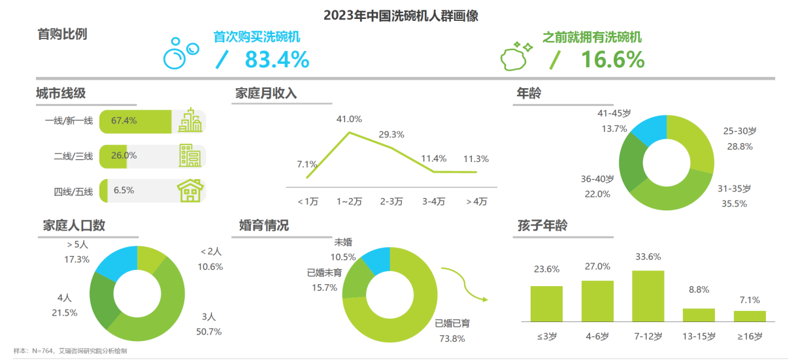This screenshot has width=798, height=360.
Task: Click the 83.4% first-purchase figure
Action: (x=276, y=60)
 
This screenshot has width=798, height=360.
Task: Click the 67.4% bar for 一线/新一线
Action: (x=135, y=121)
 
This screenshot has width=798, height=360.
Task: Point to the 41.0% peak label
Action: (x=349, y=119)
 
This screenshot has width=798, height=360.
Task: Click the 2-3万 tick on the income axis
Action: (x=391, y=201)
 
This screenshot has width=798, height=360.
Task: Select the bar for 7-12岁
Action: (x=648, y=296)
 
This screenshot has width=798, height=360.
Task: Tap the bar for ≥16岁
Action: (x=749, y=316)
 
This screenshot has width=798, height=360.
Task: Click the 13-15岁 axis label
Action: (x=698, y=336)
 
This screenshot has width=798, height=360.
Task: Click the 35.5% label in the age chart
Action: (x=732, y=203)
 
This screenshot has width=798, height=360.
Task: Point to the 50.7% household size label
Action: (x=208, y=331)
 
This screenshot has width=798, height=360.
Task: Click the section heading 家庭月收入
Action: (x=265, y=93)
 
